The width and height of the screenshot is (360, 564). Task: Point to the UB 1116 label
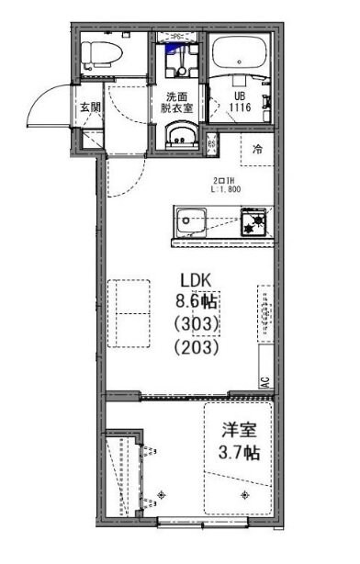click(241, 103)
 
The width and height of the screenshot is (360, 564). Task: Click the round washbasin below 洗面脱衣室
click(178, 137)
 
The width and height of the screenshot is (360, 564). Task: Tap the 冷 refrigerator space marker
click(259, 149)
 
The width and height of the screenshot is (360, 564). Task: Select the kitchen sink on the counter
click(194, 220)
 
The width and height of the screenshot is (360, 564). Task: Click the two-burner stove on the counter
click(253, 220)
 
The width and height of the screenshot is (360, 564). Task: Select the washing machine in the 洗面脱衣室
click(178, 58)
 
